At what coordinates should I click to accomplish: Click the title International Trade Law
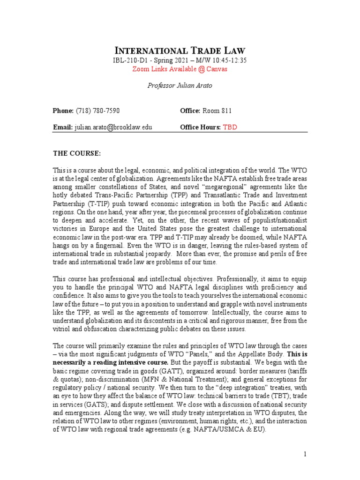[x=180, y=51]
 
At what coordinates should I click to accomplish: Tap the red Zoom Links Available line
[x=180, y=69]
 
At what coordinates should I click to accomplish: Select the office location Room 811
[x=217, y=111]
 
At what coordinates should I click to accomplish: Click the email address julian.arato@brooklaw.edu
[x=113, y=127]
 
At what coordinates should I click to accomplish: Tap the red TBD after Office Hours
[x=230, y=127]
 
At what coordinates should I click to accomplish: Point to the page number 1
[x=305, y=454]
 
